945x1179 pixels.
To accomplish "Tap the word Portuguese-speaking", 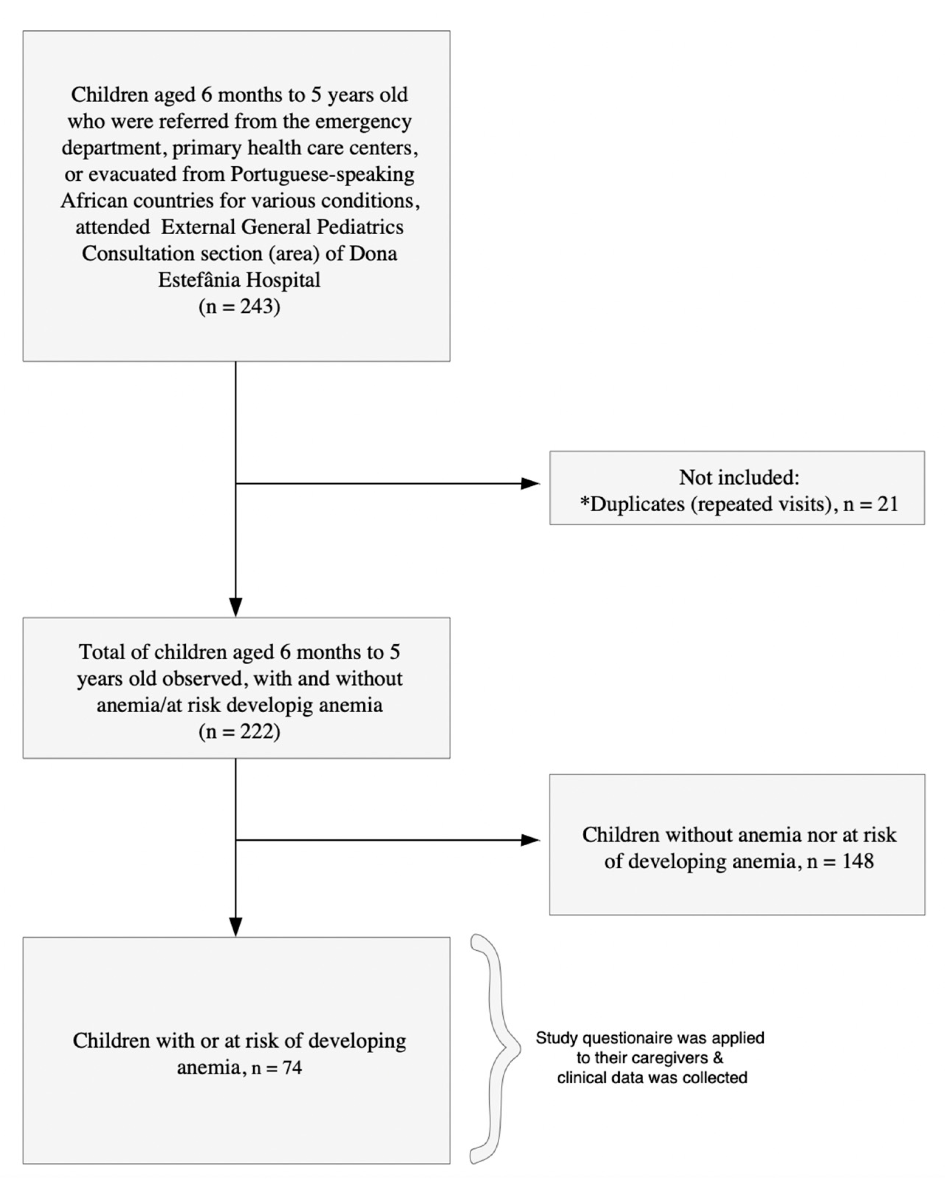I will (x=322, y=174).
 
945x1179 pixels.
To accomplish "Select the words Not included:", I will (x=739, y=477).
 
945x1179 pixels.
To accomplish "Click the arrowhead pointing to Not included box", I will (x=530, y=483).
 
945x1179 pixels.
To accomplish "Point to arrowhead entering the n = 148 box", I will (x=530, y=840).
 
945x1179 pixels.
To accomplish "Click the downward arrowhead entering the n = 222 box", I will (x=236, y=607).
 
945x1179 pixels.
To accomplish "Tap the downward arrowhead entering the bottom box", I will (x=236, y=926).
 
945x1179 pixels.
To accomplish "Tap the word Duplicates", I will (x=637, y=504).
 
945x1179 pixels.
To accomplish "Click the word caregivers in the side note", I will (x=672, y=1057).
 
